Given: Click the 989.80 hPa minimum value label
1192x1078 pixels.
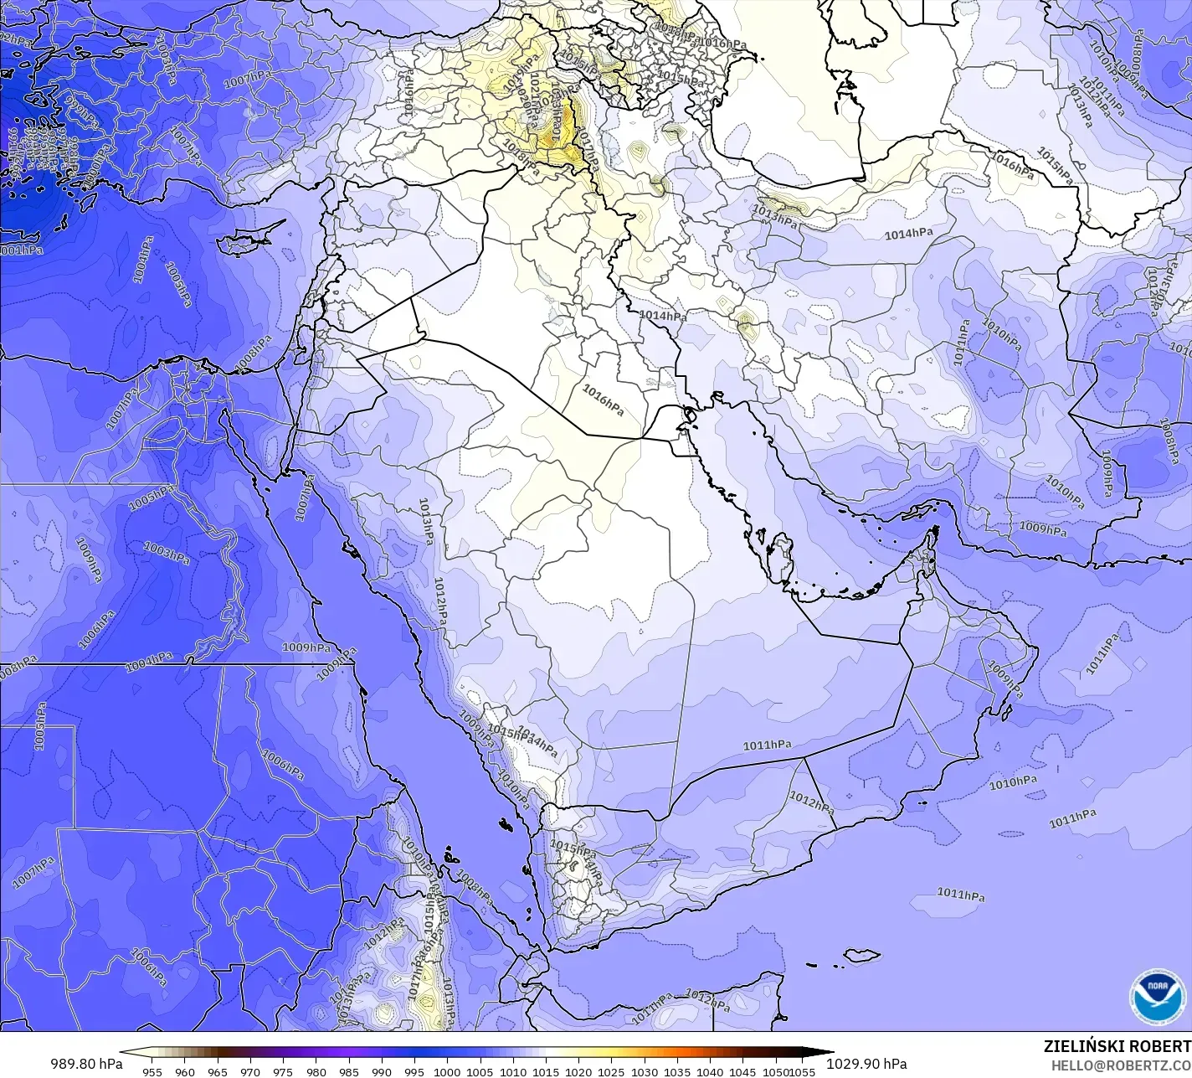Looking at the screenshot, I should tap(86, 1064).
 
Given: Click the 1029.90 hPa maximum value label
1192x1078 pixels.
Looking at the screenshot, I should tap(866, 1064).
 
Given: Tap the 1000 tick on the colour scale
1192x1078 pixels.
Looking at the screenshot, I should tap(447, 1071).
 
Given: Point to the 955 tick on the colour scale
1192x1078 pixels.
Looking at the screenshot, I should tap(152, 1071).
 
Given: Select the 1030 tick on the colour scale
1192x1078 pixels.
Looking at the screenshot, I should tap(644, 1071).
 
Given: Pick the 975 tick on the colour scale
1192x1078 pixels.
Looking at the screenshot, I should tap(283, 1071).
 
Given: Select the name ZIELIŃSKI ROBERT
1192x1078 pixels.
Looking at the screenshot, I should tap(1117, 1046).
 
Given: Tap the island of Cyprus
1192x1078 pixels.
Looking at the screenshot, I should tap(242, 242).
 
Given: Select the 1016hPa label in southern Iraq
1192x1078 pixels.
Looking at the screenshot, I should tap(603, 400).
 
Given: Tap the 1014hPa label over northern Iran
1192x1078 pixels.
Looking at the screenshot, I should tap(908, 235).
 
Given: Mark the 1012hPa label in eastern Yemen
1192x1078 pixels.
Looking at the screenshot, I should tap(811, 802).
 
